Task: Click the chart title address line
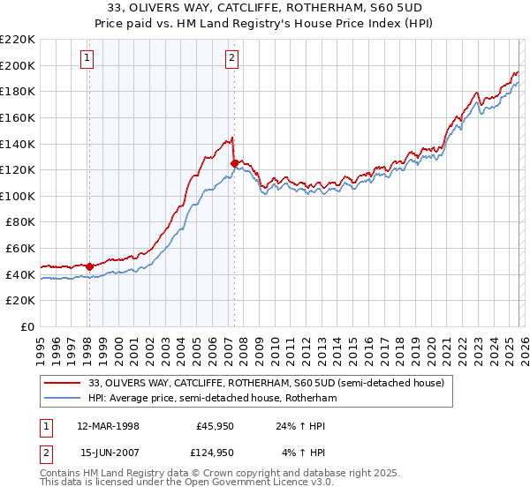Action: tap(265, 8)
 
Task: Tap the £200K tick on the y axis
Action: tap(18, 65)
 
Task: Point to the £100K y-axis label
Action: tap(18, 196)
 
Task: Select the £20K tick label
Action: tap(21, 301)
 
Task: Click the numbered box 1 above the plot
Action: tap(88, 59)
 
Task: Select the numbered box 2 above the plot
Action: tap(232, 59)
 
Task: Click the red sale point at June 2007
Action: tap(234, 163)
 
